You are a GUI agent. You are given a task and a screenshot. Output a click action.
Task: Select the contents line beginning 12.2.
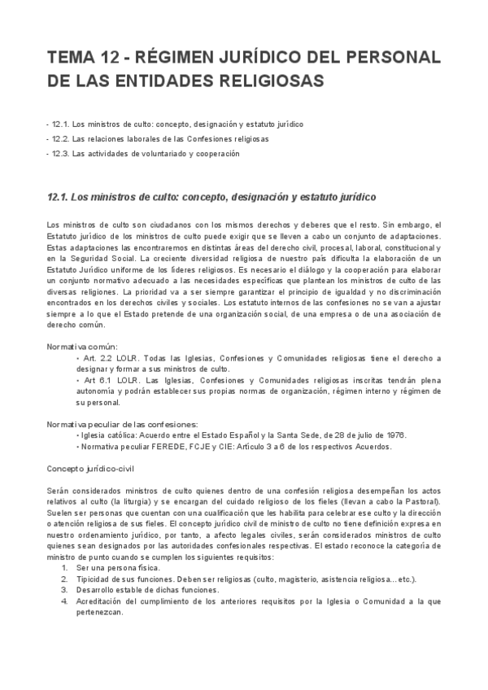pyautogui.click(x=159, y=139)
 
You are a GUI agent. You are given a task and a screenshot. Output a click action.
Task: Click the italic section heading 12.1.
pyautogui.click(x=212, y=198)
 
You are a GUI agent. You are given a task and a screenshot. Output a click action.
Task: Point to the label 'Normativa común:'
pyautogui.click(x=82, y=347)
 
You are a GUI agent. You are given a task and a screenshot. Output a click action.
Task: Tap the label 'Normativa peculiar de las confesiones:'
pyautogui.click(x=122, y=424)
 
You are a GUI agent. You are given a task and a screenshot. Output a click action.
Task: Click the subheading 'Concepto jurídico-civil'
pyautogui.click(x=89, y=469)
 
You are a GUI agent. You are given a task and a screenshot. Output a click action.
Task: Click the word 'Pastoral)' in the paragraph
pyautogui.click(x=422, y=503)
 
